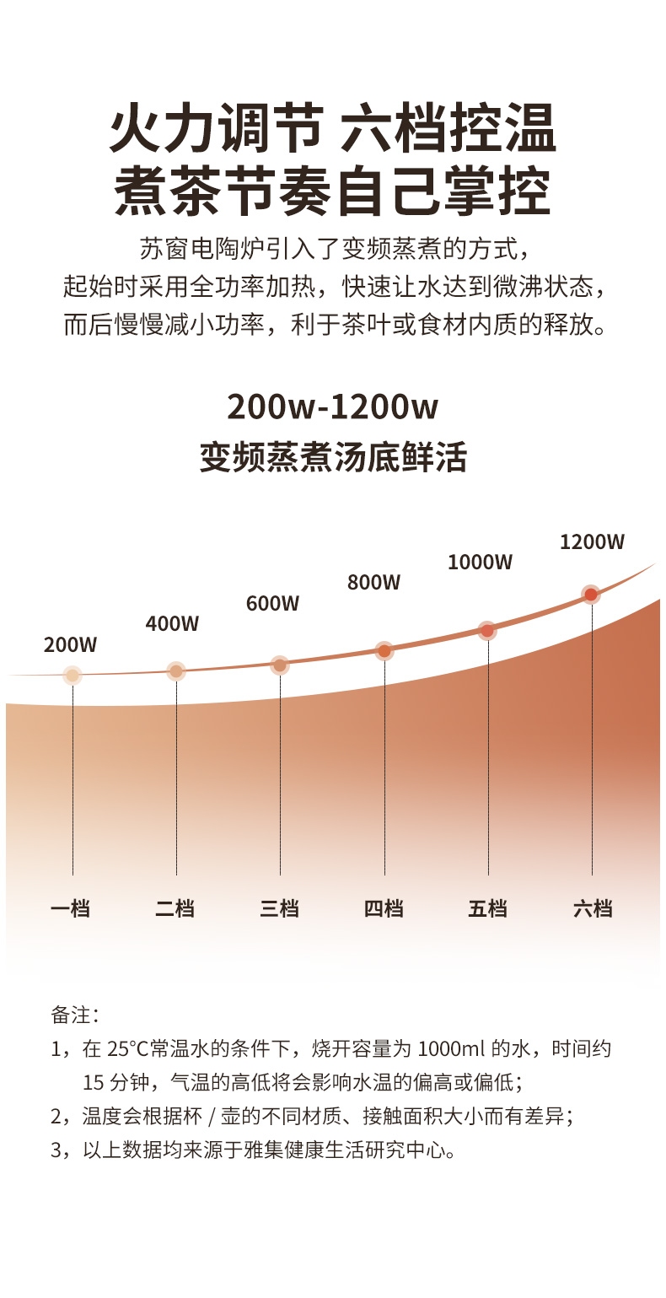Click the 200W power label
tap(71, 646)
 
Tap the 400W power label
tap(172, 624)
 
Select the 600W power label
tap(273, 604)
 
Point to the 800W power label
tap(374, 583)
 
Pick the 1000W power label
tap(480, 563)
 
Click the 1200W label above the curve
tap(593, 542)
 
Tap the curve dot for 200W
tap(73, 675)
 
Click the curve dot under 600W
tap(280, 665)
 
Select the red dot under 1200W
tap(591, 595)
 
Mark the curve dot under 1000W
tap(487, 630)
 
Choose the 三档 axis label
tap(279, 909)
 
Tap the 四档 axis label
tap(384, 909)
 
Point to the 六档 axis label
tap(593, 909)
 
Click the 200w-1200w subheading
tap(333, 407)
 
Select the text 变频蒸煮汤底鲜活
tap(333, 458)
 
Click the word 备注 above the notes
tap(76, 1015)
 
